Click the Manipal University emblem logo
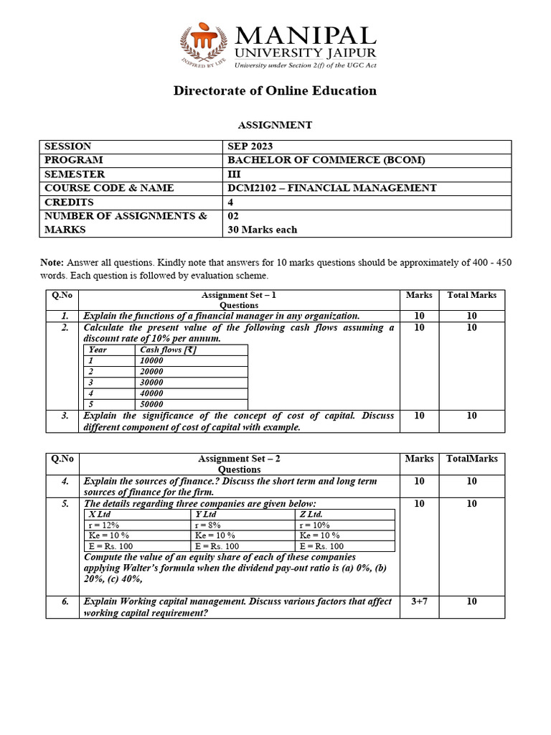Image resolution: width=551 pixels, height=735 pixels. [x=203, y=47]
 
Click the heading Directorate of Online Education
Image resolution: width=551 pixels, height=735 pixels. [x=275, y=90]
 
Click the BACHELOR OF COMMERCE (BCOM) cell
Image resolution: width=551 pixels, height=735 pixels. [x=326, y=160]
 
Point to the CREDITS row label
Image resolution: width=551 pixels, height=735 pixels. [x=69, y=202]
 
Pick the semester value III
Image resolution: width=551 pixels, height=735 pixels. [x=232, y=174]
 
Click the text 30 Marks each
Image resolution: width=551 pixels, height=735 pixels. [x=262, y=230]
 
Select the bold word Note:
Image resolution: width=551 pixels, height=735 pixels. [x=52, y=263]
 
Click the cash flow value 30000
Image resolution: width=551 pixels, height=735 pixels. [x=151, y=382]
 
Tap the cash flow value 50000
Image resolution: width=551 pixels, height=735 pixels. [x=151, y=404]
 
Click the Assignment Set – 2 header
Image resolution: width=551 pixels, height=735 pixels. [x=238, y=459]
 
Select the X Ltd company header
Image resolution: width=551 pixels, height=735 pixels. [x=100, y=514]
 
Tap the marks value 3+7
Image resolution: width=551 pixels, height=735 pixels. [x=419, y=601]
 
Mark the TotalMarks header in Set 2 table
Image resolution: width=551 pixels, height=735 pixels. [x=471, y=459]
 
